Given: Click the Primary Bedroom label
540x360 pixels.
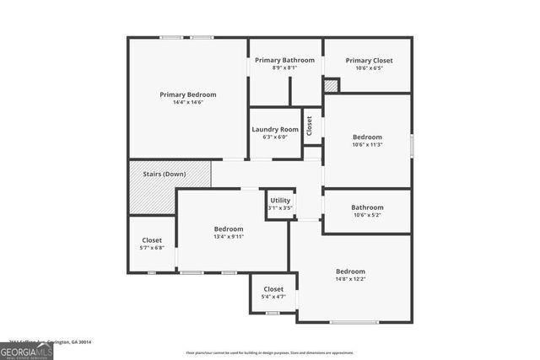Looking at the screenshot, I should point(188,94).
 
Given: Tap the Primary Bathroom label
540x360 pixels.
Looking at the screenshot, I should point(285,60).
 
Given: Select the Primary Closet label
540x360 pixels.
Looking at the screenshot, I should point(369,60).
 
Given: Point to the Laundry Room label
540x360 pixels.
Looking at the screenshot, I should point(275,129).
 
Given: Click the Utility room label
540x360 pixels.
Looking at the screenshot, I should point(280,201).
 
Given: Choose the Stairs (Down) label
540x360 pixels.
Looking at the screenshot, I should point(164,174).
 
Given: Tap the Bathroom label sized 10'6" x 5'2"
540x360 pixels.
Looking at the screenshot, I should point(367,207).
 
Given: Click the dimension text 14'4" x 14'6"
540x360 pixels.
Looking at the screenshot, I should point(188,102).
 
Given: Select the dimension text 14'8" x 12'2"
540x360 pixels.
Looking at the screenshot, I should point(350,279).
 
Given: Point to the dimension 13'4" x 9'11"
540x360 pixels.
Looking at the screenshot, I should point(228,236).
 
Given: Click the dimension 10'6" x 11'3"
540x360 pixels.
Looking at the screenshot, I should point(367,144).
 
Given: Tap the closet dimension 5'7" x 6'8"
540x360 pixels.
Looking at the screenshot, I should point(152,248).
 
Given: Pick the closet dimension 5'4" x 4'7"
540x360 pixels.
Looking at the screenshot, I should point(273,297).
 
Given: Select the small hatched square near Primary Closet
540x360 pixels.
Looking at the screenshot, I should point(332,85).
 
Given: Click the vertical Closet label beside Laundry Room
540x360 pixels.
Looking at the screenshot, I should point(310,126).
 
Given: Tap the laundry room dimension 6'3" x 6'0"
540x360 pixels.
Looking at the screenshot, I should point(275,137).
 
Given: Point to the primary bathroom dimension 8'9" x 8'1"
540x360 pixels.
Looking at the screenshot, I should point(285,67).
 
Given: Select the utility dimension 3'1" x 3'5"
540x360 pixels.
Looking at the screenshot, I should point(280,207).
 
